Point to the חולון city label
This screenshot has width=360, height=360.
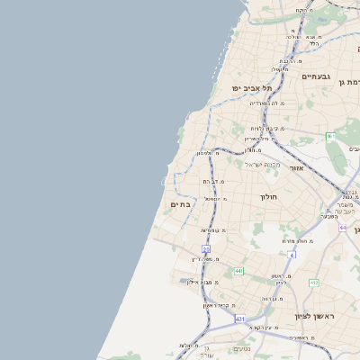click(269, 195)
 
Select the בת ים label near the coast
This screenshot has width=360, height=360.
click(180, 205)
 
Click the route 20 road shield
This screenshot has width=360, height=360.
click(206, 247)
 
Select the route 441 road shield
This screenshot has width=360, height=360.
click(238, 270)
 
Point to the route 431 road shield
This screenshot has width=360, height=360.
click(240, 319)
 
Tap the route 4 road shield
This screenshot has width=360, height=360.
click(292, 256)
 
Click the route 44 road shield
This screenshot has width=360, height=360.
click(343, 228)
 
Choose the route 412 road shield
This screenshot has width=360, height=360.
click(314, 283)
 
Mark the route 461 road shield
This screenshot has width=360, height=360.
click(329, 136)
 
